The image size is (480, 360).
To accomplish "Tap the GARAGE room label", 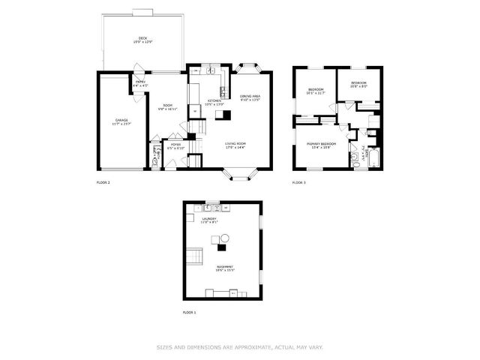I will [x=121, y=119].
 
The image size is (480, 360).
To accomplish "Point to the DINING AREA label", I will [x=250, y=97].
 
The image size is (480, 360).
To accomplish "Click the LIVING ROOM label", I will [x=236, y=144].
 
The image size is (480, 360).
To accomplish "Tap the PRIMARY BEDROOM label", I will [x=320, y=144].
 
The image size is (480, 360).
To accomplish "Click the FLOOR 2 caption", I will [x=103, y=182].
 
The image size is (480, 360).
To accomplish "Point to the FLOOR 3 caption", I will [x=299, y=182].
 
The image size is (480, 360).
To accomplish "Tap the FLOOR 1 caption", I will [x=189, y=312].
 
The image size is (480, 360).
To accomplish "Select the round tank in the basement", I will [x=224, y=238].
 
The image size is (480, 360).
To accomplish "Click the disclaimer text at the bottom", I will [x=240, y=346].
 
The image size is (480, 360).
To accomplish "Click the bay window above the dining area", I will [x=247, y=68].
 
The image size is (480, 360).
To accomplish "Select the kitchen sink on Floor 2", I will [x=212, y=72].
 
